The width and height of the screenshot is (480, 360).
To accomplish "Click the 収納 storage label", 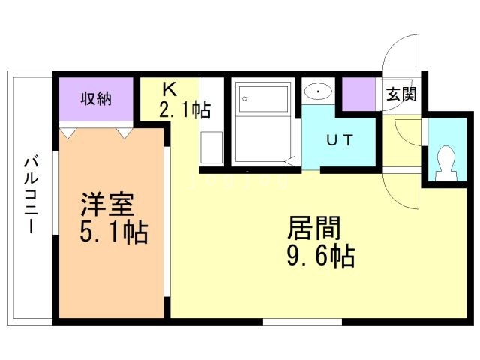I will tap(97, 98).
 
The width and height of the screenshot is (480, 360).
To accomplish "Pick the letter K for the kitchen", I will tap(169, 88).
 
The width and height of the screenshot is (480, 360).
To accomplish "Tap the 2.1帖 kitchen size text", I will tap(184, 109).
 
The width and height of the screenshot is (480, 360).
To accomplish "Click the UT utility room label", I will tap(337, 140).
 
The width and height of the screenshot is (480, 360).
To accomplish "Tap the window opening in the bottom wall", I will tap(302, 322).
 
